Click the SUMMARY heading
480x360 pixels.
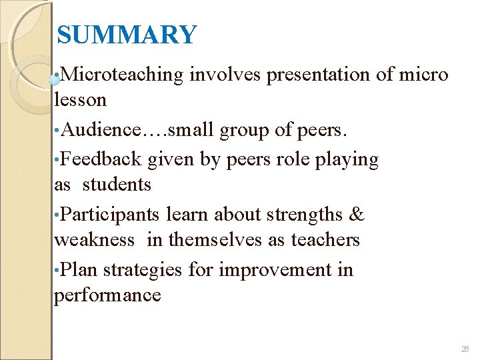pyautogui.click(x=127, y=35)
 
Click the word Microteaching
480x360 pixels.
pyautogui.click(x=122, y=75)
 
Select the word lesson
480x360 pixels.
pyautogui.click(x=80, y=100)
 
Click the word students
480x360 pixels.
pyautogui.click(x=117, y=184)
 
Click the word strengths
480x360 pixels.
pyautogui.click(x=304, y=215)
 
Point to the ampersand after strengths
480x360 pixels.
pyautogui.click(x=357, y=215)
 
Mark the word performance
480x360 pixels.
pyautogui.click(x=107, y=295)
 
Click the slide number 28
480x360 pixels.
pyautogui.click(x=465, y=349)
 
